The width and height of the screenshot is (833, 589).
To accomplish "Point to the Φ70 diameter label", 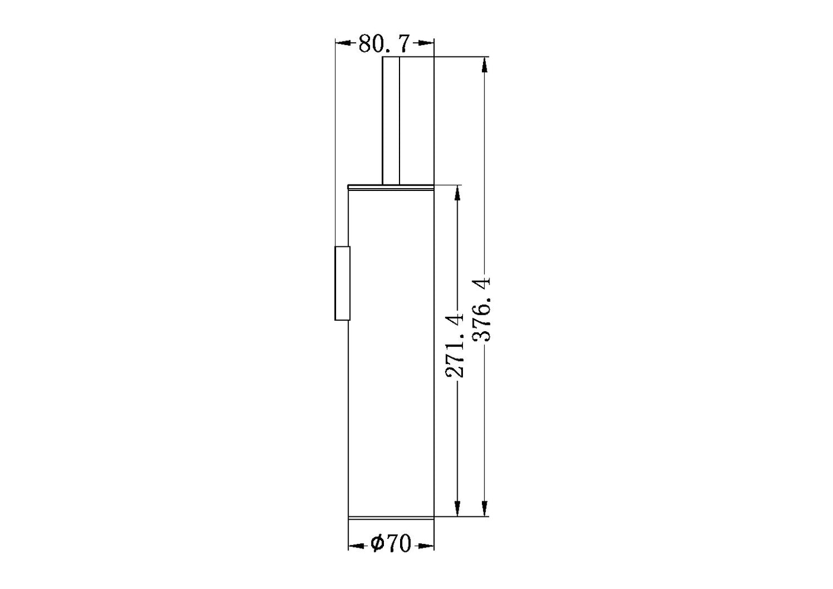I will (x=391, y=544).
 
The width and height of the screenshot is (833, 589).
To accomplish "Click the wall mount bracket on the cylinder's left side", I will (x=342, y=283).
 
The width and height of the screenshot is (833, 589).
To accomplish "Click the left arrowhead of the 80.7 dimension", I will (x=343, y=43).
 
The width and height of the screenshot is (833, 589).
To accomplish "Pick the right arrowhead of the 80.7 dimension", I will (x=426, y=43).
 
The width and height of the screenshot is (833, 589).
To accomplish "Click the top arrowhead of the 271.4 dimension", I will (x=458, y=193).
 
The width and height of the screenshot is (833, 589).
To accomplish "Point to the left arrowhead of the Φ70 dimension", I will (x=356, y=545).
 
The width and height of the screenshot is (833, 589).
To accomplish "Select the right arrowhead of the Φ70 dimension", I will (x=426, y=545).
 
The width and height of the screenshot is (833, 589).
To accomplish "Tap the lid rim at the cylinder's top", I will (x=391, y=186).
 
